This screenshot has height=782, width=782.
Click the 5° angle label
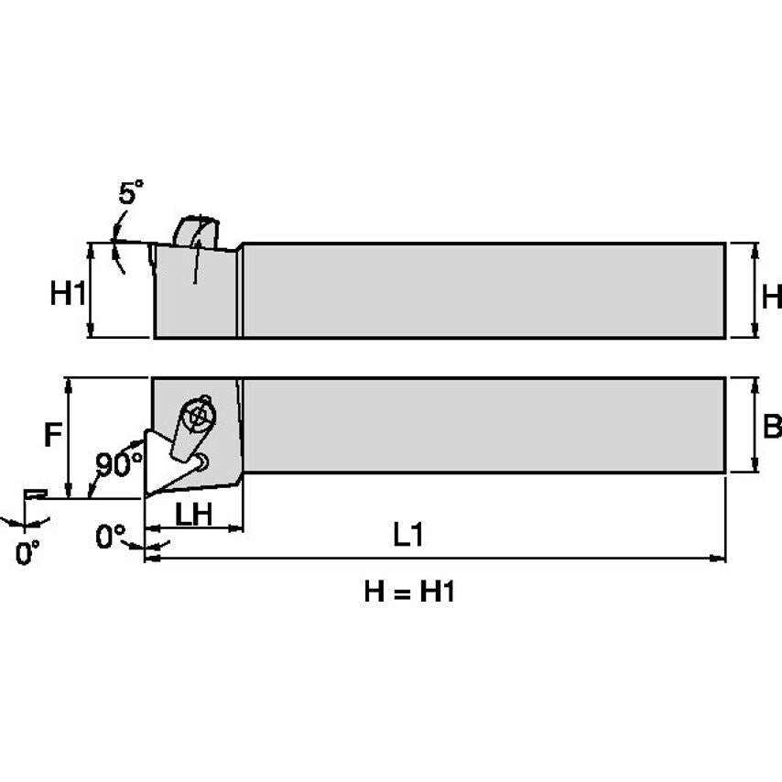pyautogui.click(x=131, y=193)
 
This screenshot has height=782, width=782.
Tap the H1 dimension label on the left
pyautogui.click(x=68, y=294)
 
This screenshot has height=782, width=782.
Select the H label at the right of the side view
pyautogui.click(x=772, y=296)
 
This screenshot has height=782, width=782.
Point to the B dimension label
pyautogui.click(x=772, y=426)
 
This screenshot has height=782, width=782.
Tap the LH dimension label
pyautogui.click(x=193, y=514)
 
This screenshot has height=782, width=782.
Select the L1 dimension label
pyautogui.click(x=408, y=536)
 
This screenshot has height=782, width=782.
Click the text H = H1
pyautogui.click(x=408, y=592)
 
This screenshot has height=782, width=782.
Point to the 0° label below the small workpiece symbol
pyautogui.click(x=27, y=553)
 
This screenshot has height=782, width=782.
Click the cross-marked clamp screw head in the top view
pyautogui.click(x=196, y=416)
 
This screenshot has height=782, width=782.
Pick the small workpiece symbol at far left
pyautogui.click(x=35, y=494)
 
